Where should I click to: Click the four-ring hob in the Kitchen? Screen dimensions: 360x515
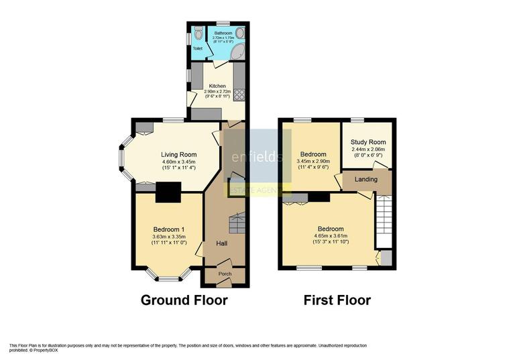[239, 94]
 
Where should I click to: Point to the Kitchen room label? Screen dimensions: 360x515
[217, 86]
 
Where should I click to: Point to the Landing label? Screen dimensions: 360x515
[365, 179]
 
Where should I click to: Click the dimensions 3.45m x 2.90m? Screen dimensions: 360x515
[312, 161]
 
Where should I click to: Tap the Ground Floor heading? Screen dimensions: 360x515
[184, 300]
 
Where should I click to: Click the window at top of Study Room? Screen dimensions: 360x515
[356, 120]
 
